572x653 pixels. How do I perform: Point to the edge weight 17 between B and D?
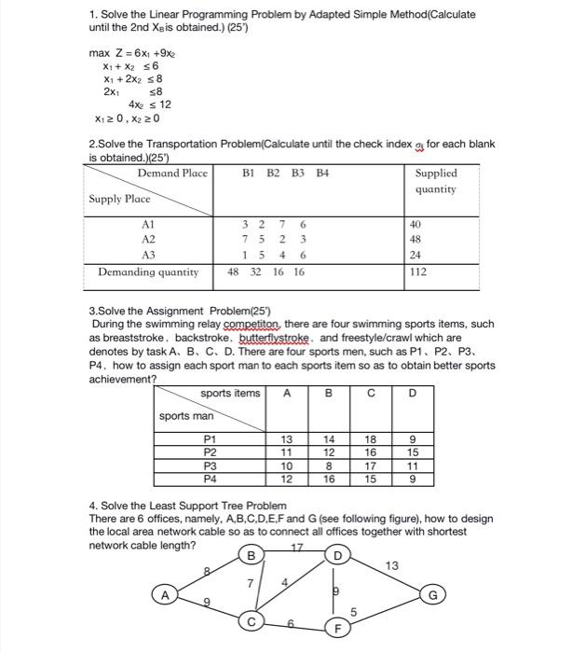click(x=299, y=546)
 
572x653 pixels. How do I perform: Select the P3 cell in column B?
click(x=328, y=465)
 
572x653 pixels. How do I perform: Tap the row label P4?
click(x=211, y=478)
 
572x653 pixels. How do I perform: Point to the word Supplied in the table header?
click(x=436, y=174)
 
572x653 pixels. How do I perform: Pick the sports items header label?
click(x=229, y=394)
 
